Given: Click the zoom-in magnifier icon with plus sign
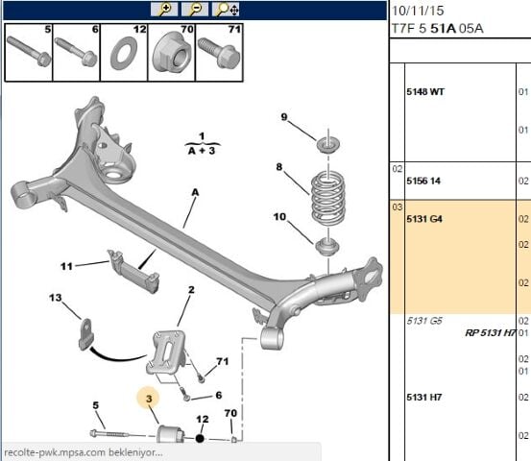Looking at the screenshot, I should coord(165,10).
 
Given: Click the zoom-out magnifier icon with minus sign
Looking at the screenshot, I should coord(195,10).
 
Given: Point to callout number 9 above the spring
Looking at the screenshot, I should coord(284,118).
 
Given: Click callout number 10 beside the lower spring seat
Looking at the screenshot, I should coord(280,218).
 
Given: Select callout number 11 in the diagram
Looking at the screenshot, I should coord(66,266).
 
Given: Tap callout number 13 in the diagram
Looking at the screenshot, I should coord(55,299).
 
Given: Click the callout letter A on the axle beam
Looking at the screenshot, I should coord(195,192).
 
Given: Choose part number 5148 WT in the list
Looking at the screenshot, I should coord(425,92).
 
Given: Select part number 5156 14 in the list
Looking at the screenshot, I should coord(423,180).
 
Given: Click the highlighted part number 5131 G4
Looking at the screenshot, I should coord(423,219).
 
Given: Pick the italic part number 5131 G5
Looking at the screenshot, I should coord(423,321).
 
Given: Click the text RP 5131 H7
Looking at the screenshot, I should coord(490,333).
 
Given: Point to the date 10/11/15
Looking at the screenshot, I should coord(416,11).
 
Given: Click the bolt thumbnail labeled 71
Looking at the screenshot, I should coord(219,55).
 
